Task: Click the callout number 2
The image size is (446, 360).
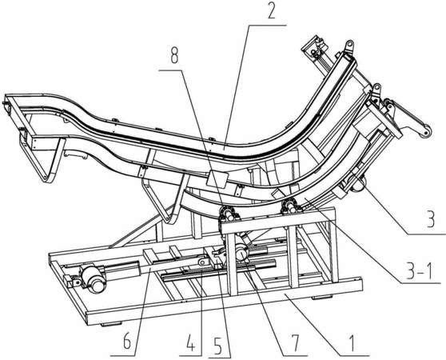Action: pos(272,11)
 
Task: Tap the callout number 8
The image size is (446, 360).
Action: pos(174,56)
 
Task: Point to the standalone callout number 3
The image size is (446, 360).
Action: pos(430,219)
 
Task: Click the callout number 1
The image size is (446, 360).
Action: pos(352,343)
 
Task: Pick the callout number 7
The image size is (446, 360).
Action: pos(294,343)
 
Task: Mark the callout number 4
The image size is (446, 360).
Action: pos(190,345)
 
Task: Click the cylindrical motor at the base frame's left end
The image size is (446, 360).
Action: pos(93,278)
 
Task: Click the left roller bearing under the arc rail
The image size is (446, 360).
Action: pos(229,213)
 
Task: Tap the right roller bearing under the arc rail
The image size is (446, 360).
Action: pos(291,207)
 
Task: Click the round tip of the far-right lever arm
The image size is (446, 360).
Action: pos(426,132)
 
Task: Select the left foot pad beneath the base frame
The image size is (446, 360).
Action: pos(112,324)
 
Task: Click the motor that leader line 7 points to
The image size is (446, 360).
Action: pos(241,251)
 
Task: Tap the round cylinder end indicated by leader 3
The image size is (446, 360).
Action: pos(358,183)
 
